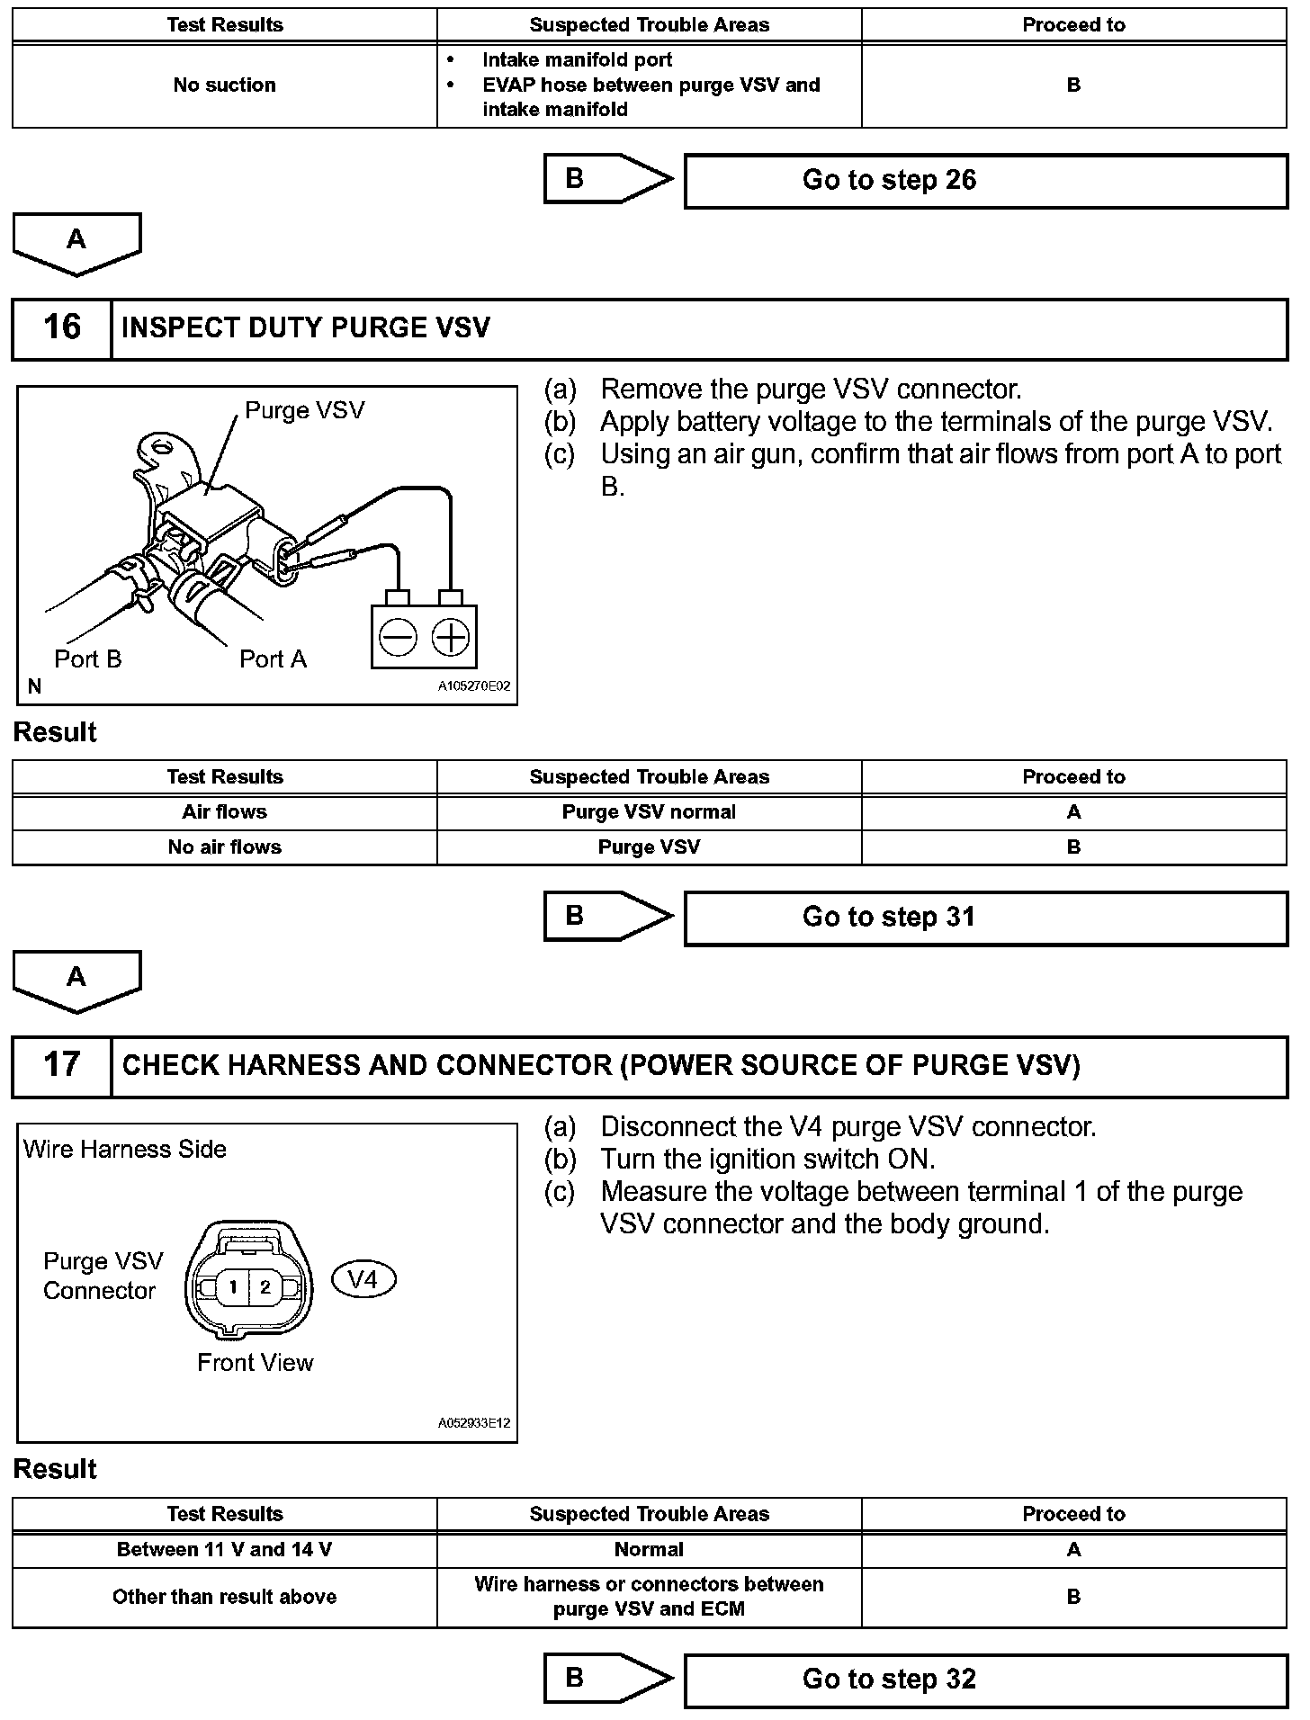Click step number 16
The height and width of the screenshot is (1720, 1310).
[62, 327]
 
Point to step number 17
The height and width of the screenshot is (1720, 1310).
[62, 1065]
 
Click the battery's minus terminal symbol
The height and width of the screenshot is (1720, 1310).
[398, 638]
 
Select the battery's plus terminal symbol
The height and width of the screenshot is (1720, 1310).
[451, 638]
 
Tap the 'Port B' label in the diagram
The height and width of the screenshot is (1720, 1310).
[87, 659]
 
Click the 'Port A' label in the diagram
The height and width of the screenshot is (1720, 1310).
[273, 659]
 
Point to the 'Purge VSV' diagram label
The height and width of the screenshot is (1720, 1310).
[305, 411]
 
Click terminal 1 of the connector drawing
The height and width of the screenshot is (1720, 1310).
[233, 1287]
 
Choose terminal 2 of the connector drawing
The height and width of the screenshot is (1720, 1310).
[265, 1287]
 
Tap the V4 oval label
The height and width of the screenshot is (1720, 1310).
[363, 1279]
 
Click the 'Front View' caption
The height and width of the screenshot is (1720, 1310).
[256, 1363]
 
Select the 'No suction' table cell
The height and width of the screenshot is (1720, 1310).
[224, 85]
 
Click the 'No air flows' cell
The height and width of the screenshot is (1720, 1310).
[224, 847]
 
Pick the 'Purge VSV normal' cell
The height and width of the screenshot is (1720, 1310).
[649, 812]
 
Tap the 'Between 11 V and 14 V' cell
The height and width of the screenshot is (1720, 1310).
[224, 1550]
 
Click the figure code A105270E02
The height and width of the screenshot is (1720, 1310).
[474, 686]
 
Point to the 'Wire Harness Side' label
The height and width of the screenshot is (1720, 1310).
[125, 1150]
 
